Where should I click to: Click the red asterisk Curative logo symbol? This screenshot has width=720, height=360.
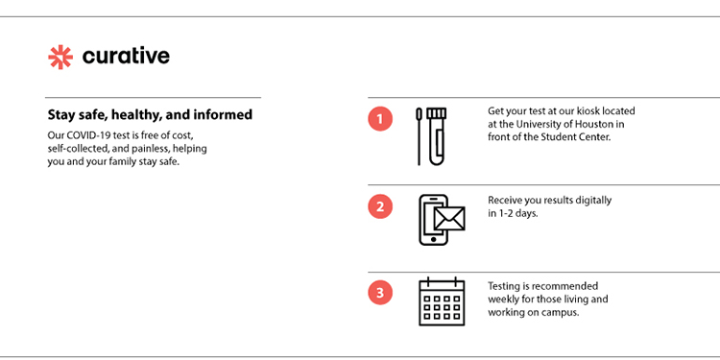pyautogui.click(x=60, y=58)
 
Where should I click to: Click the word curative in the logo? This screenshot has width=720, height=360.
pyautogui.click(x=126, y=56)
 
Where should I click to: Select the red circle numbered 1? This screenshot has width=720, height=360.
pyautogui.click(x=380, y=119)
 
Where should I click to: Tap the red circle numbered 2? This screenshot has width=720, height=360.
pyautogui.click(x=380, y=206)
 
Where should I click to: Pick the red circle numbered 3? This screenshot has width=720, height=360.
pyautogui.click(x=380, y=293)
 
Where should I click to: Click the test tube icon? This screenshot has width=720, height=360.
pyautogui.click(x=436, y=136)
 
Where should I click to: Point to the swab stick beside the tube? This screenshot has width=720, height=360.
pyautogui.click(x=419, y=136)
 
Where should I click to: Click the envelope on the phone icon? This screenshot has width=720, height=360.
pyautogui.click(x=449, y=218)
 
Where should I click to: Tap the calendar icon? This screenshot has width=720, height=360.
pyautogui.click(x=442, y=301)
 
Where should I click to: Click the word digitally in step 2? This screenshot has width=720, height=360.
pyautogui.click(x=593, y=202)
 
